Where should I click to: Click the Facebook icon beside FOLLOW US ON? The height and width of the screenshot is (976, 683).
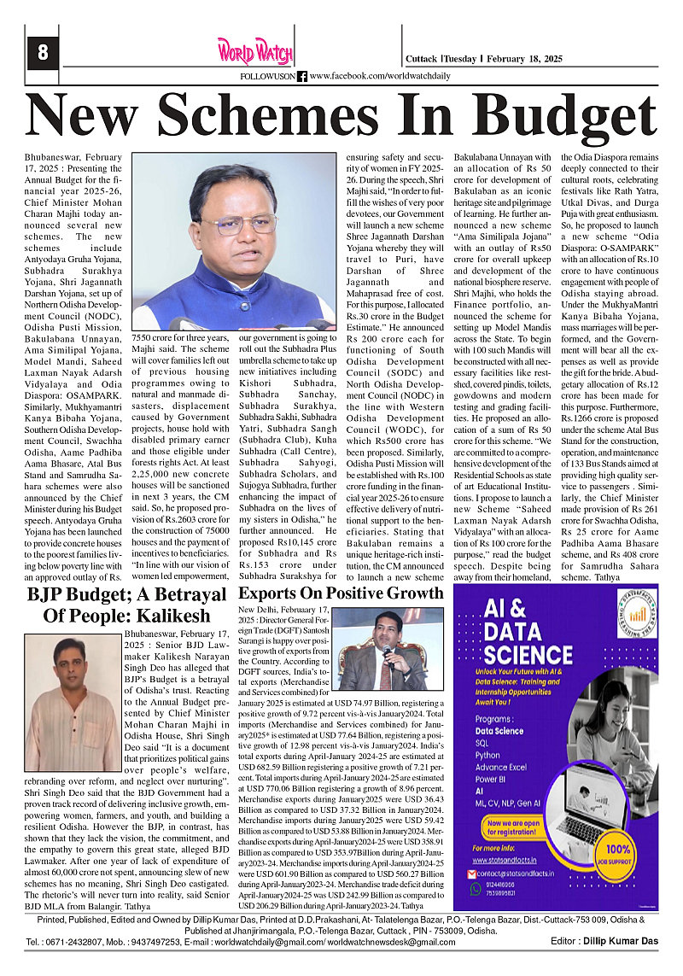point(302,76)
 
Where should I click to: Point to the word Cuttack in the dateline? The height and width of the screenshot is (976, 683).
point(423,59)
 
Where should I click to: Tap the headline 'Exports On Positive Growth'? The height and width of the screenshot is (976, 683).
point(341,593)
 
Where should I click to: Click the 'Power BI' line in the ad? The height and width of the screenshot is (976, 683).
point(492,779)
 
